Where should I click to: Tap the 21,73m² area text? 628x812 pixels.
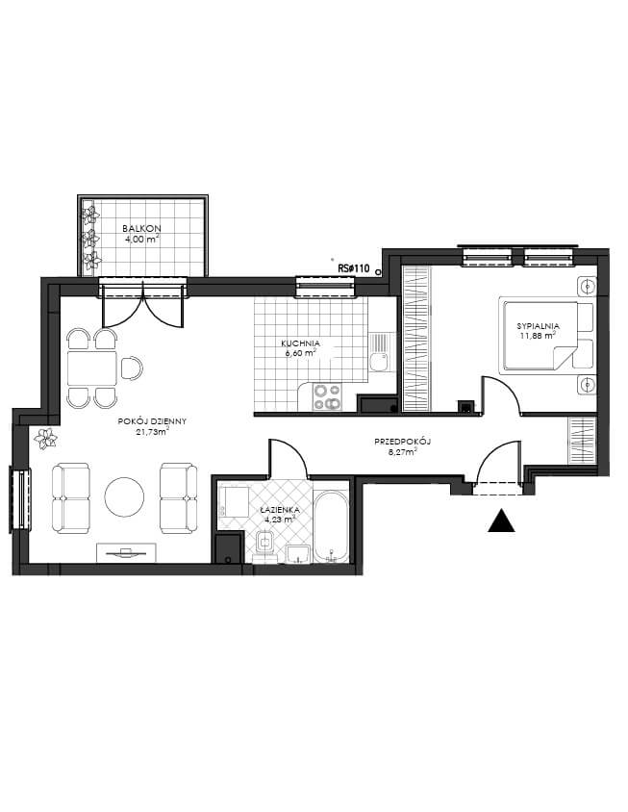click(152, 431)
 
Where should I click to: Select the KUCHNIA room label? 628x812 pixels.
click(300, 343)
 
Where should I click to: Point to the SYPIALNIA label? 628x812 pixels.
click(538, 326)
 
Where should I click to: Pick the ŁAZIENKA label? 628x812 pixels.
click(280, 510)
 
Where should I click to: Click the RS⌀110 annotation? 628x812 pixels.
click(354, 268)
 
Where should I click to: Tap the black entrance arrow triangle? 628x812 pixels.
click(501, 520)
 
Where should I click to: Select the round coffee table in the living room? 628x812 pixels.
click(124, 496)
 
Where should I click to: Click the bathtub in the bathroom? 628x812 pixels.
click(332, 526)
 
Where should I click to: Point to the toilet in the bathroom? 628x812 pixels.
click(265, 546)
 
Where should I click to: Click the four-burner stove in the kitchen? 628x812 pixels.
click(327, 396)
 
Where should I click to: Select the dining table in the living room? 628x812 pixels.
click(92, 368)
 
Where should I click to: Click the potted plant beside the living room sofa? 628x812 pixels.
click(45, 439)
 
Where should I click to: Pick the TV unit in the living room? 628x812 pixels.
click(126, 552)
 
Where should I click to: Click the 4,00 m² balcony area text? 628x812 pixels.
click(141, 239)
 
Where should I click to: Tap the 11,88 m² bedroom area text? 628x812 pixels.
click(538, 335)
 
